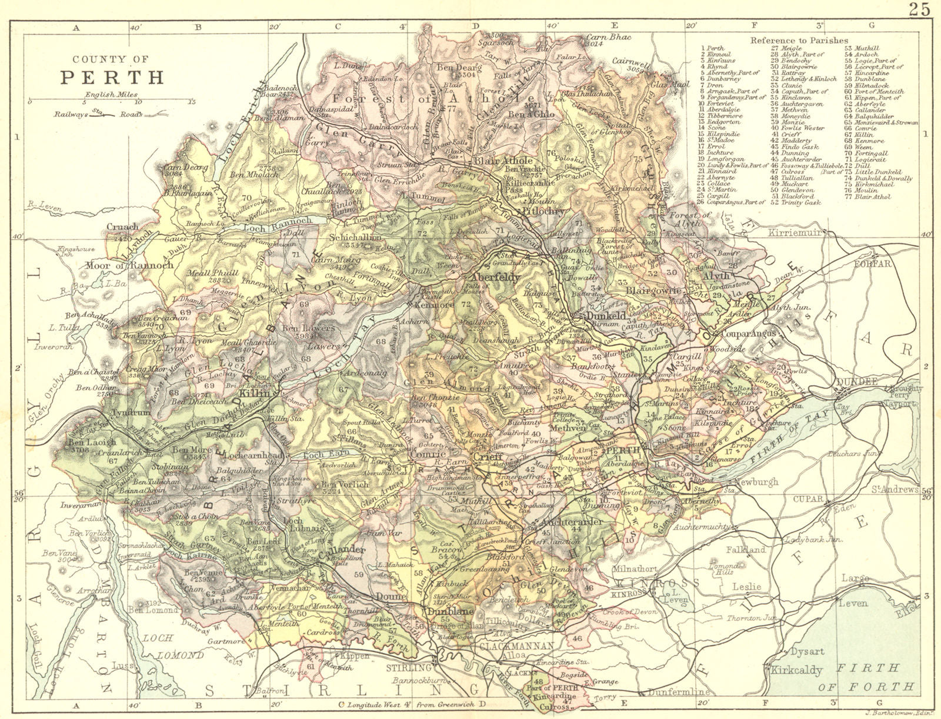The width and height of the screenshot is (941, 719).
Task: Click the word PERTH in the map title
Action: [x=112, y=78]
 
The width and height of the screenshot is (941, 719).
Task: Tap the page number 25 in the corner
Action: [x=919, y=9]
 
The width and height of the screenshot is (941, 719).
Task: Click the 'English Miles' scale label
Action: [x=111, y=94]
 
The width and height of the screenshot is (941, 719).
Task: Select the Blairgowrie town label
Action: [x=654, y=290]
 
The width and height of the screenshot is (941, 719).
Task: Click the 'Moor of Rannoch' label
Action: [x=129, y=265]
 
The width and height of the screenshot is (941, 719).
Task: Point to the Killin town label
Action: [x=254, y=393]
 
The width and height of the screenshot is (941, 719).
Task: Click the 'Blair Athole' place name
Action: [x=503, y=160]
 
